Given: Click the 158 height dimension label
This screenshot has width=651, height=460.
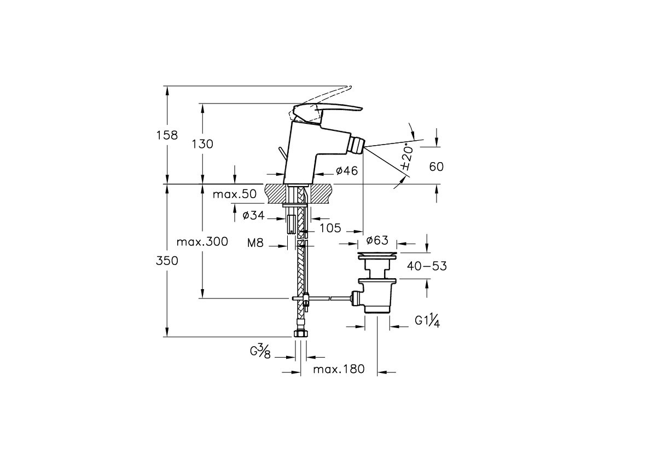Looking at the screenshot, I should [167, 135].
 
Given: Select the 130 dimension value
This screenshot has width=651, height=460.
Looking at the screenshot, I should [202, 144].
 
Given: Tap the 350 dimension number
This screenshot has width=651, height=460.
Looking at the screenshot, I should [167, 261].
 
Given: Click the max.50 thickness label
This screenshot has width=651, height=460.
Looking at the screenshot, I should [234, 194].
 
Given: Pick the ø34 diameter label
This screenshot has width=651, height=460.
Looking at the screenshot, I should [253, 216].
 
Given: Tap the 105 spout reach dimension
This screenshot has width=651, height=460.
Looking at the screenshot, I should [330, 227].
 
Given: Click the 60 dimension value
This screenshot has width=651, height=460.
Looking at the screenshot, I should [436, 166].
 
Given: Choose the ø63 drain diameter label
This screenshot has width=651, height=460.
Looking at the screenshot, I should [377, 240].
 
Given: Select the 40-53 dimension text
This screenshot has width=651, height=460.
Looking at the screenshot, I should [427, 267].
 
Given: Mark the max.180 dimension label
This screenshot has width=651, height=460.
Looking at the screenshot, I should [339, 369].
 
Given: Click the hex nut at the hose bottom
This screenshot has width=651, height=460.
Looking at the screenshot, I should [300, 333].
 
